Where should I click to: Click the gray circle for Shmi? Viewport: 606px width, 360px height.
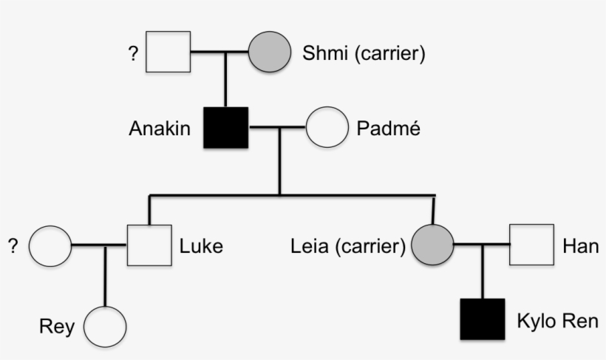pos(268,52)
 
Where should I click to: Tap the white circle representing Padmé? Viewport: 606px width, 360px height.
pos(327,127)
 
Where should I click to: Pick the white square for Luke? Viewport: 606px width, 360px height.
pos(149,245)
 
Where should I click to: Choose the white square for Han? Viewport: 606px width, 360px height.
pos(531,245)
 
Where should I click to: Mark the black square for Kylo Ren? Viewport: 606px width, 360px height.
pos(482,319)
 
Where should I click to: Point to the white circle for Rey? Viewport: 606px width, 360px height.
pos(105,326)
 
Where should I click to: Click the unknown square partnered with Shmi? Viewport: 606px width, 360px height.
pos(168,52)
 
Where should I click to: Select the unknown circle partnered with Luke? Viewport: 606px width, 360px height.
pos(50,245)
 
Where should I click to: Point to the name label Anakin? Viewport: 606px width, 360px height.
pos(160,129)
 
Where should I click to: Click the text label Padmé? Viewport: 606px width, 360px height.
pos(388,128)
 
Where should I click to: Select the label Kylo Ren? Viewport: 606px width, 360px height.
pos(557,322)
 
